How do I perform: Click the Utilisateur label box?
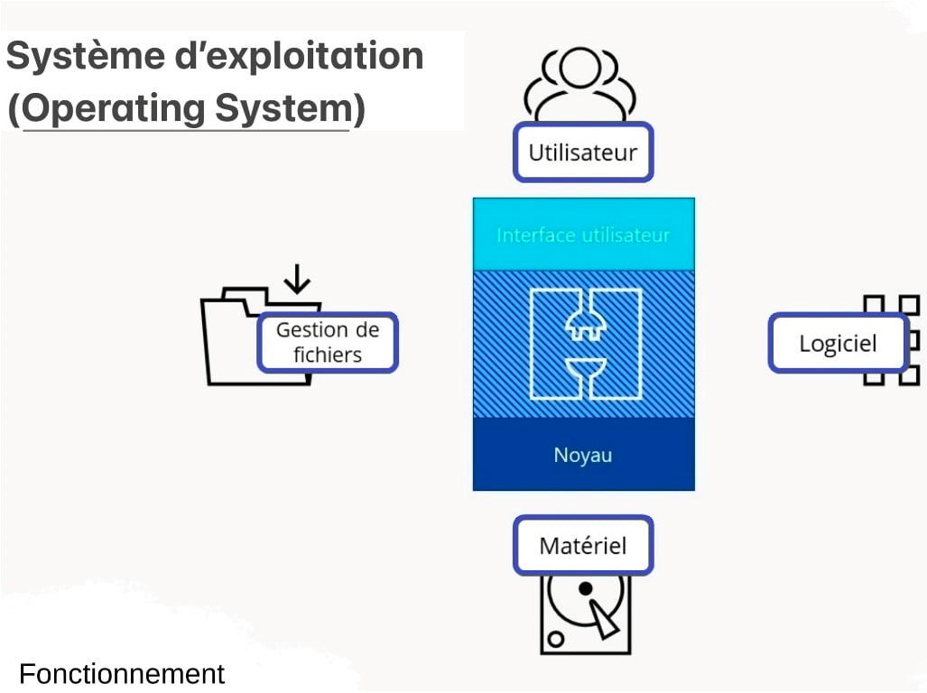[x=583, y=152]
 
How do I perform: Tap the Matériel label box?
[x=583, y=546]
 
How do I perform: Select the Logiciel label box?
[x=838, y=343]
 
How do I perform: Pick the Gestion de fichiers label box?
[x=328, y=343]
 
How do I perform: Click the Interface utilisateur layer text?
[x=583, y=236]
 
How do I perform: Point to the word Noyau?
[x=583, y=455]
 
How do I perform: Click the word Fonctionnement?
[x=122, y=674]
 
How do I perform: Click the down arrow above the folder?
[x=296, y=279]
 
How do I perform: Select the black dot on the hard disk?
[x=585, y=588]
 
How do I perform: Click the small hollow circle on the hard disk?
[x=556, y=639]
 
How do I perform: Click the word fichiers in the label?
[x=328, y=355]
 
